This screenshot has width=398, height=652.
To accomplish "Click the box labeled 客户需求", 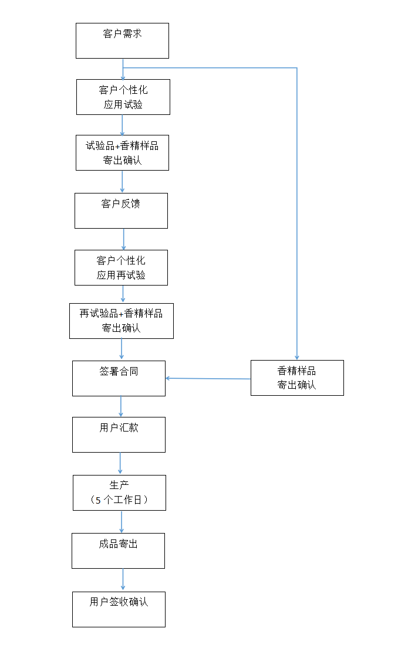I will [122, 40].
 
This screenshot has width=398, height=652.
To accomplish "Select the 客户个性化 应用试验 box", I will [123, 97].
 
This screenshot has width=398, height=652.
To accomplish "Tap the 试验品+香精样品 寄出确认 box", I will [122, 152].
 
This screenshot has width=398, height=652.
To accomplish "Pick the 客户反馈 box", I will [121, 210].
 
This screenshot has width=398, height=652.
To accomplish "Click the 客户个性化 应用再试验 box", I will [121, 267].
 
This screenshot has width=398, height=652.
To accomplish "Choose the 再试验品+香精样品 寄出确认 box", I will [121, 321].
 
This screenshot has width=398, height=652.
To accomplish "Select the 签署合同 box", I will [119, 378].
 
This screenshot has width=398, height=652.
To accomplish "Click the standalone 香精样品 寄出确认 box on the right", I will [296, 378].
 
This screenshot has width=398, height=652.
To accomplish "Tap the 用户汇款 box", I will [119, 434].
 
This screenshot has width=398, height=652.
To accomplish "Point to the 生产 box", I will [119, 493].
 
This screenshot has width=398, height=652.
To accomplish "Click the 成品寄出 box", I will [118, 551].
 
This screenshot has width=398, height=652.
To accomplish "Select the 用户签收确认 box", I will [119, 609].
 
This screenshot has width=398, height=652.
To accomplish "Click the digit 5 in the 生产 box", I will [98, 500].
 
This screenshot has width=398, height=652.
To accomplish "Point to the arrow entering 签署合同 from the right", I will [208, 379].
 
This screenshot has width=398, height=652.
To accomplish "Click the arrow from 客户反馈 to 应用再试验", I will [123, 239].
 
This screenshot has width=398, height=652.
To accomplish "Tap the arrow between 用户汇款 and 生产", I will [120, 463].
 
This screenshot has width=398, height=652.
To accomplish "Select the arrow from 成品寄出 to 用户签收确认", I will [123, 580].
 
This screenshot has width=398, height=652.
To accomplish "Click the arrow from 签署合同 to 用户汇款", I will [120, 406].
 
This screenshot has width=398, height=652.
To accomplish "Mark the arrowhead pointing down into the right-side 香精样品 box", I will [296, 356].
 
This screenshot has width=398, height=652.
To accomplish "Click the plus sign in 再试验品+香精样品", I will [122, 314].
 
